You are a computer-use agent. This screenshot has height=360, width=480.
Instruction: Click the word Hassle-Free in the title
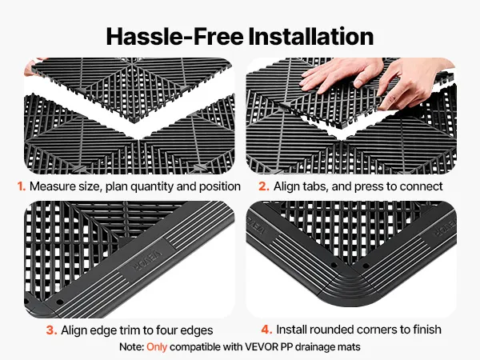point(174,37)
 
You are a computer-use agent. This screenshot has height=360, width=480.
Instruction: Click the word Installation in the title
point(311,37)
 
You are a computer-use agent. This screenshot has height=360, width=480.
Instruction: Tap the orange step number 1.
point(21,186)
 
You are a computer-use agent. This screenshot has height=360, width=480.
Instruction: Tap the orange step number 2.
point(264,186)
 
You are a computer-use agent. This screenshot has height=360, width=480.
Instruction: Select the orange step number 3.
point(51,330)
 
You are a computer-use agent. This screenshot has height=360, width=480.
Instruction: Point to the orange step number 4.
point(266,330)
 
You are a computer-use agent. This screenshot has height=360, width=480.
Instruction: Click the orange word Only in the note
point(157,347)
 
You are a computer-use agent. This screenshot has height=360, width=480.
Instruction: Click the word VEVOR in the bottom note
point(262,347)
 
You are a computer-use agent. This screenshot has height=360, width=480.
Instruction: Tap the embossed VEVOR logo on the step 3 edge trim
point(146,260)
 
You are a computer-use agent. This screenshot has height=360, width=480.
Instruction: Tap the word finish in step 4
point(427,330)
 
